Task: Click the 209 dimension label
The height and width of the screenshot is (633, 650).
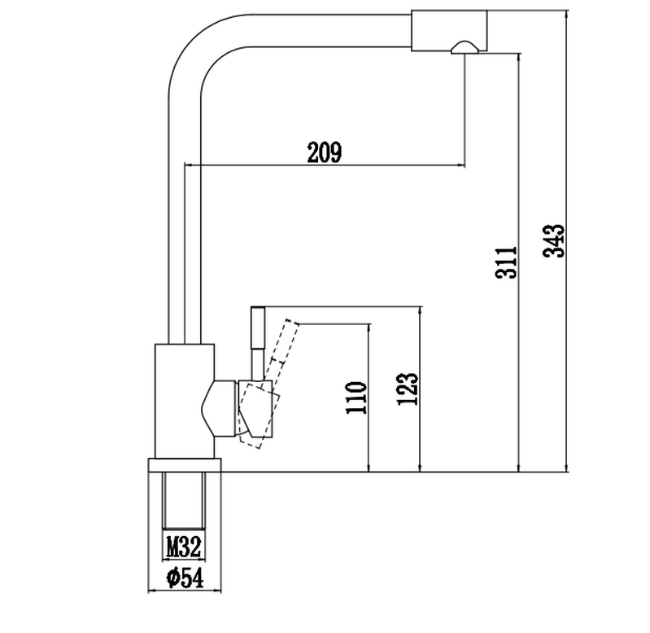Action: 325,152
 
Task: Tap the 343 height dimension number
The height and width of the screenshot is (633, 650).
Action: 554,241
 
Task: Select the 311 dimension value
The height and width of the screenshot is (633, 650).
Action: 507,262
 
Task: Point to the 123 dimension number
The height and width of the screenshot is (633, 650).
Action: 408,389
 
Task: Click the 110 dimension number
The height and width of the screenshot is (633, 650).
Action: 356,398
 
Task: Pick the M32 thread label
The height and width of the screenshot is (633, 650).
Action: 184,547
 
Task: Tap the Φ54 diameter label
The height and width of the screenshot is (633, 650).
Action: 185,578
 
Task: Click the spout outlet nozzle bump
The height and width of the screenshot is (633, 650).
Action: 465,47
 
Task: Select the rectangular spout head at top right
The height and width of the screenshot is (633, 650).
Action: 449,31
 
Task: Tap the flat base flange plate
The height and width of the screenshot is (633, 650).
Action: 185,465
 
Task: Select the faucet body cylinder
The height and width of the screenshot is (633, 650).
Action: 185,401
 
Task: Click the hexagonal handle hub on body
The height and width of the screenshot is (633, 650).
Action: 219,408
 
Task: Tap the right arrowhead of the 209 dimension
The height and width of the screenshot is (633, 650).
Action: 461,165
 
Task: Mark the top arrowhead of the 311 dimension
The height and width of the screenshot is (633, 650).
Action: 518,58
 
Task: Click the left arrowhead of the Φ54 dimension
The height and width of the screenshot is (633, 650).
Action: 152,591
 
